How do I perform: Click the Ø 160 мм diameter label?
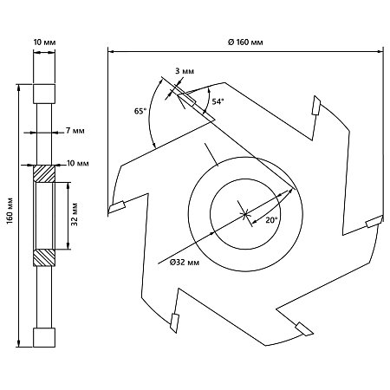pos(245,42)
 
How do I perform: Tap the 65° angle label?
pos(140,111)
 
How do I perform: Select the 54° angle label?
pos(218,101)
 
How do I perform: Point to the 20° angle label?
pos(271,220)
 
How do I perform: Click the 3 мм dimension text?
pos(185,71)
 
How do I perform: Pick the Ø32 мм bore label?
pos(185,263)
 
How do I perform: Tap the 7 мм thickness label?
pos(75,131)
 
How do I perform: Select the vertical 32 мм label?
pos(75,214)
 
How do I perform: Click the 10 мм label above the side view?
pos(44,42)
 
